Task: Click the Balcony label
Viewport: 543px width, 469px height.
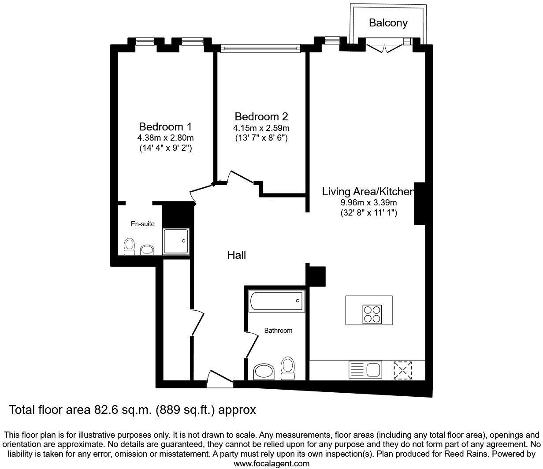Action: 388,22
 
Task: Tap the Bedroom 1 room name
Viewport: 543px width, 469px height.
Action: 165,127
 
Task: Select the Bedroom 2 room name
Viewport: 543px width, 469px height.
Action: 261,117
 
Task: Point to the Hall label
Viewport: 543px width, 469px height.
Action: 236,255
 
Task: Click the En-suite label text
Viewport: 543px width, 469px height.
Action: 143,224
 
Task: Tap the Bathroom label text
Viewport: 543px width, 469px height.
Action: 278,330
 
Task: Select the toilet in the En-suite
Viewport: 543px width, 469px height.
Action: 129,246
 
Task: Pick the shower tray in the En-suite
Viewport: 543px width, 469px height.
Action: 176,241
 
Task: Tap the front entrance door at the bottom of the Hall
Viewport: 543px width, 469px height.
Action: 219,379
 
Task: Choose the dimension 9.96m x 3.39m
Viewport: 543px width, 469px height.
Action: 368,203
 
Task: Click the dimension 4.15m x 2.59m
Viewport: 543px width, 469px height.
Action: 261,128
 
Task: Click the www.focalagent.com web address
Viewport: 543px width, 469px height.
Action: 271,464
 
